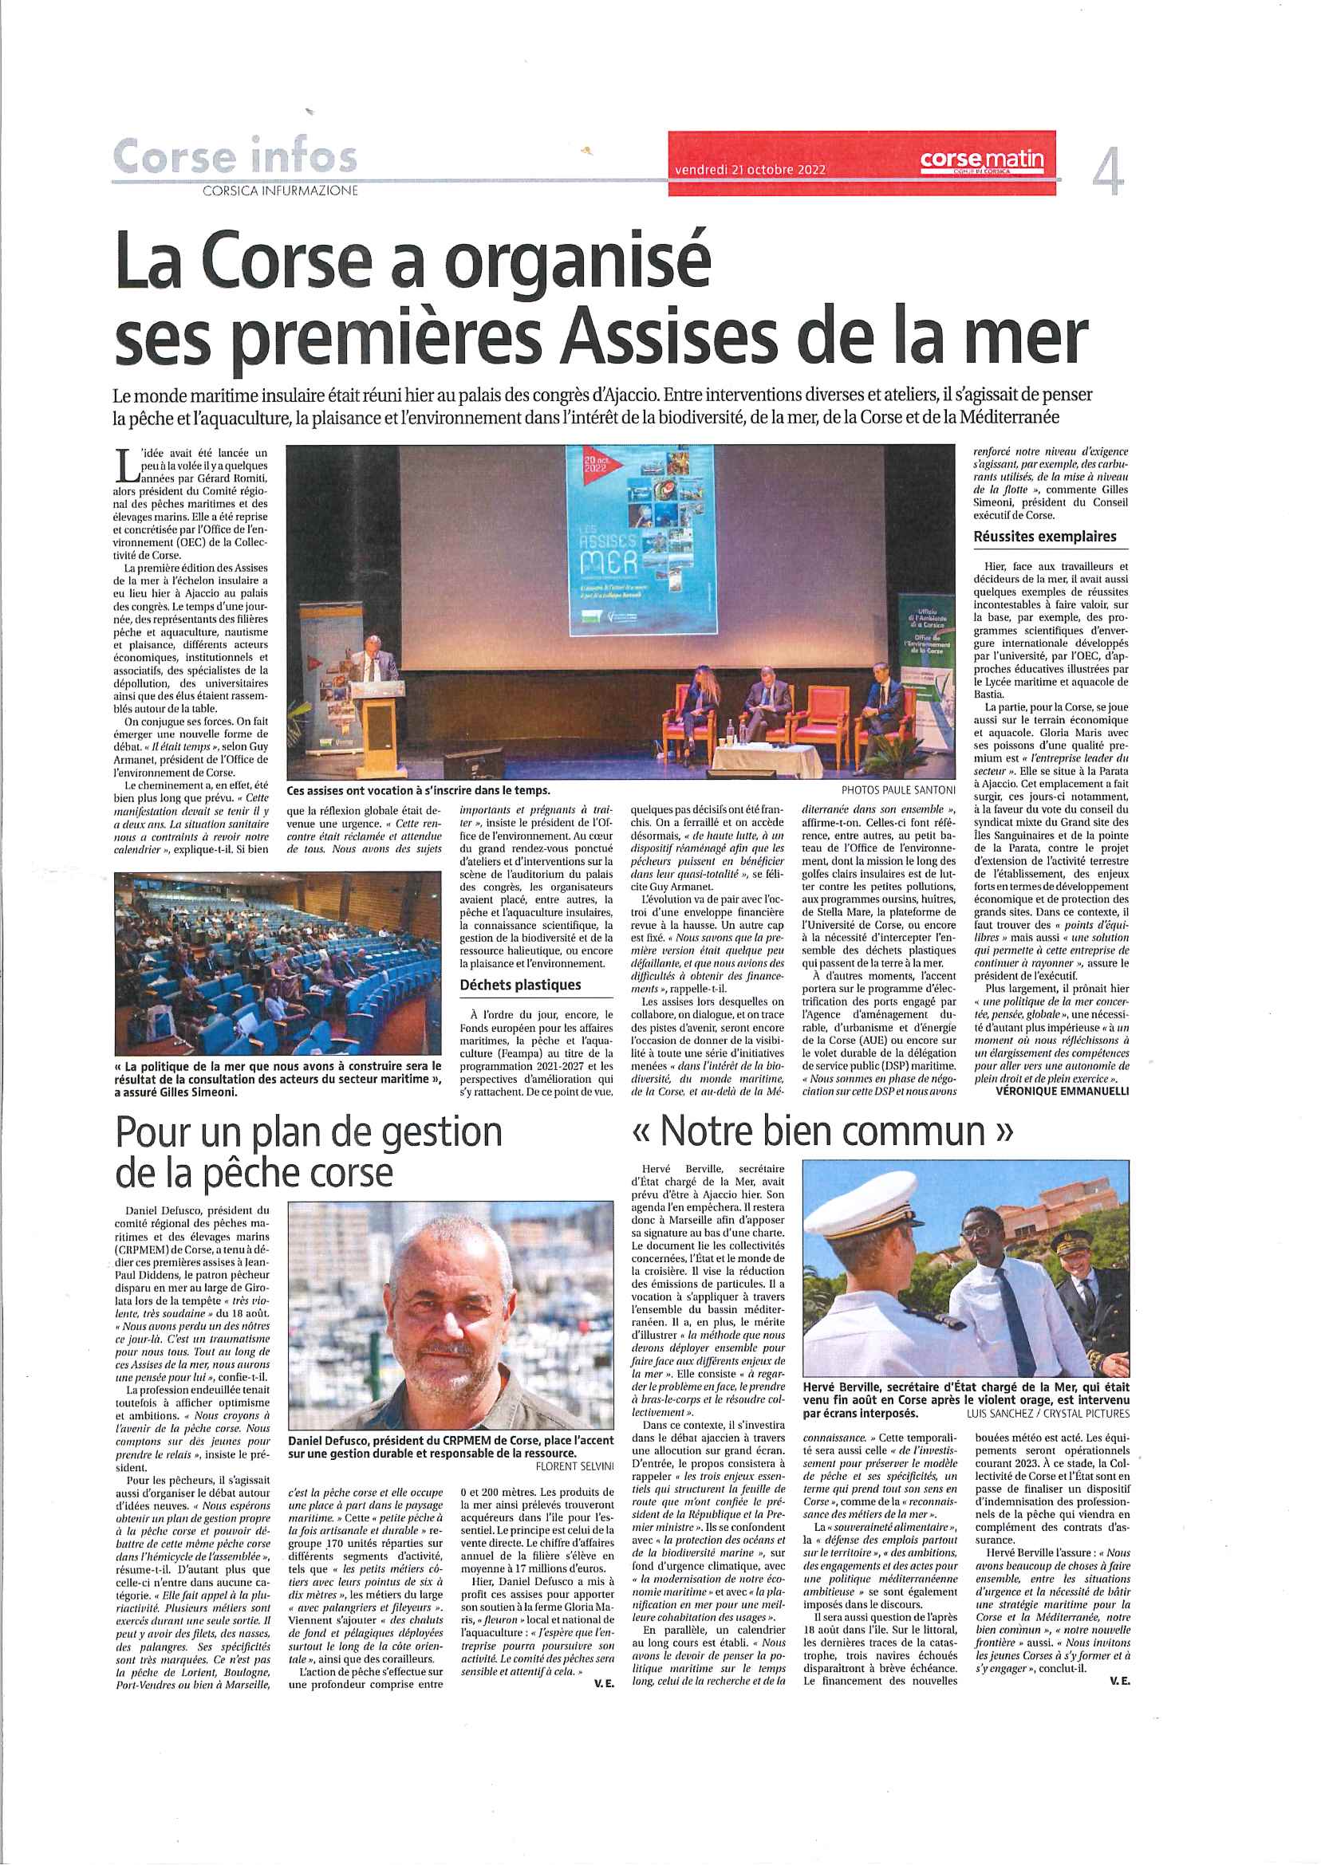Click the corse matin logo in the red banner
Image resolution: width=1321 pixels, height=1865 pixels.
pos(981,159)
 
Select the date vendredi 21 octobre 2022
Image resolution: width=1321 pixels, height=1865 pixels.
pos(749,170)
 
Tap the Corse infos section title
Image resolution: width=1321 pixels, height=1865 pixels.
pos(235,156)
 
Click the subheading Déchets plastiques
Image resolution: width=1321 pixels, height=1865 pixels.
pos(520,985)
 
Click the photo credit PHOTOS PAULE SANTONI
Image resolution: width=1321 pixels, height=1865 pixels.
pos(898,789)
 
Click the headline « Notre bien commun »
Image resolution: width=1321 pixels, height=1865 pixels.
pos(822,1131)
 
